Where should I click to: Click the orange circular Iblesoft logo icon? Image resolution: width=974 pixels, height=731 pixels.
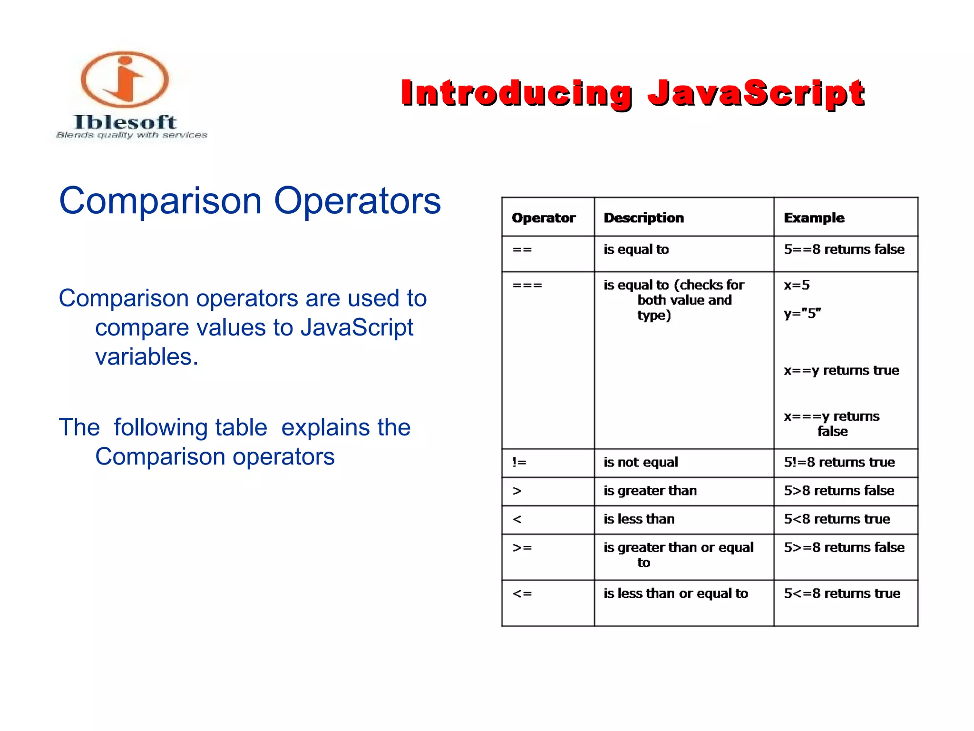pos(125,79)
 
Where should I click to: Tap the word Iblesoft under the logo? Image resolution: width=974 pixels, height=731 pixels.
pos(125,122)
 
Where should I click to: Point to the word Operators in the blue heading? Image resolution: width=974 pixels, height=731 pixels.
pos(357,201)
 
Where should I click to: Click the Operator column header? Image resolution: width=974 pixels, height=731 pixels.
pos(544,218)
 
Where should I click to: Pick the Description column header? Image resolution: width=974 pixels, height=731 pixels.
pos(643,218)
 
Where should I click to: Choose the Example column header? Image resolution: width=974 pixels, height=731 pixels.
pos(814,218)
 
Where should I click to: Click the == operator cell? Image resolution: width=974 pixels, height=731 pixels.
pos(522,250)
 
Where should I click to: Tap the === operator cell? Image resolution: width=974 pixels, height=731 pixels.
pos(527,286)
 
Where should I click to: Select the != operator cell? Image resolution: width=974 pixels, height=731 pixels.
pos(519,462)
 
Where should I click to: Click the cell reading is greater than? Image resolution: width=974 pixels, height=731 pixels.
pos(650,491)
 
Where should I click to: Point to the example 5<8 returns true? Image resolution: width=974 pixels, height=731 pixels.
pos(837,519)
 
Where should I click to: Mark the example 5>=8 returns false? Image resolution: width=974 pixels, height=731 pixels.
pos(844,547)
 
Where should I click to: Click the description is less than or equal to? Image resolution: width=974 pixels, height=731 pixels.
pos(676,593)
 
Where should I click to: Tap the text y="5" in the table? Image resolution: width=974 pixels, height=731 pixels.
pos(802,314)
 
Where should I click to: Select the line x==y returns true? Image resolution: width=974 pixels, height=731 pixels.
pos(841,370)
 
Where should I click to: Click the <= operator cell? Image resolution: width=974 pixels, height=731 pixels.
pos(522,593)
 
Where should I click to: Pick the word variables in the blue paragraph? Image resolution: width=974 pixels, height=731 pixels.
pos(146,357)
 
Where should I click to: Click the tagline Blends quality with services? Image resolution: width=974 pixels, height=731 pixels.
pos(132,135)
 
